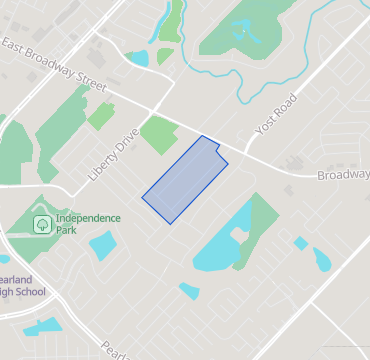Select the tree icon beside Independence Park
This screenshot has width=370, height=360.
pos(42,224)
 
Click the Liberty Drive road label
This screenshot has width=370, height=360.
pos(113,153)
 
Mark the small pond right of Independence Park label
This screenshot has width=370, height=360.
pos(103,245)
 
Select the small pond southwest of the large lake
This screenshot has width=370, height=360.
pos(189,291)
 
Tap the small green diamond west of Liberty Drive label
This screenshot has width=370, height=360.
pos(100,116)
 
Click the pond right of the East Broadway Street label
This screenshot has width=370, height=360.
pos(138,58)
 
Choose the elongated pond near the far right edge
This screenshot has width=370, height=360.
pos(322,259)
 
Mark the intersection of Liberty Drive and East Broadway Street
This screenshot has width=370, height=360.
pos(151,108)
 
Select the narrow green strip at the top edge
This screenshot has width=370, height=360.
pos(172,18)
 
